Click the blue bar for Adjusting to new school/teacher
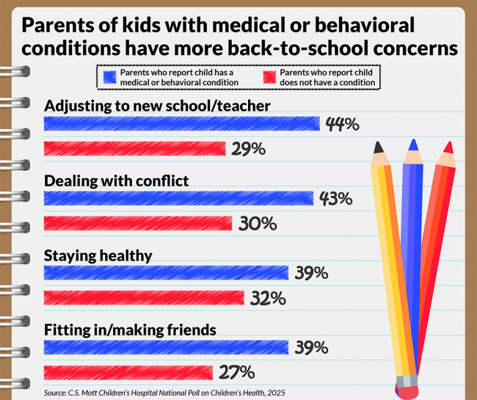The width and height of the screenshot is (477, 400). [181, 123]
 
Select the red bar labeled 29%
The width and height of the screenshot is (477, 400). [135, 149]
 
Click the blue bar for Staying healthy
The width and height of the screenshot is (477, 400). [166, 273]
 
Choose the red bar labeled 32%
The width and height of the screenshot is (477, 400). [144, 298]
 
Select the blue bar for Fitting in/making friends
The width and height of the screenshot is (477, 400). [166, 347]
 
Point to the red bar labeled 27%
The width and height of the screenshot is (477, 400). [128, 372]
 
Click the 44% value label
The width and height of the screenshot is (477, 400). [342, 124]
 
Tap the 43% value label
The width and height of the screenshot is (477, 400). [336, 199]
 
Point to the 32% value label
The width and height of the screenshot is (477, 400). [266, 298]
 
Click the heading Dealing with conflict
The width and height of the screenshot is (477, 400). [117, 181]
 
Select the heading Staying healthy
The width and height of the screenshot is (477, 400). [98, 255]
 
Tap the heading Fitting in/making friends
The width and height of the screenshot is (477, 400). [130, 330]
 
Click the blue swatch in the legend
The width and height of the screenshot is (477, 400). [110, 77]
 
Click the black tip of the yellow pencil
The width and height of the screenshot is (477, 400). [379, 147]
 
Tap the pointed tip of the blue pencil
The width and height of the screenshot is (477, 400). [415, 142]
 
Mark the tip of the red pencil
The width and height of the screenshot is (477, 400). [448, 147]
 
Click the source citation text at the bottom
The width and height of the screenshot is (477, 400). [164, 392]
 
